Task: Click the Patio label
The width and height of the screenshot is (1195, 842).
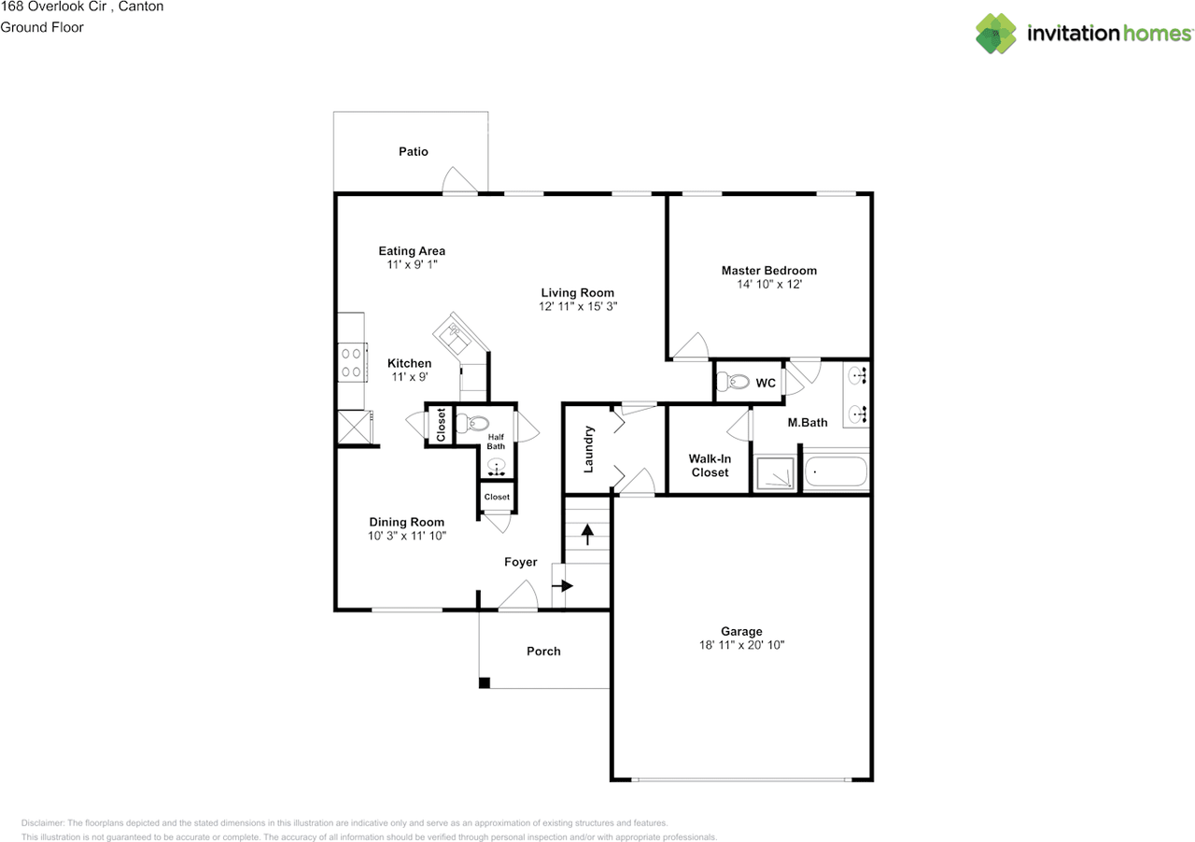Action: coord(413,151)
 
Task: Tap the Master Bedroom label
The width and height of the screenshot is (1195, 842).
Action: coord(768,271)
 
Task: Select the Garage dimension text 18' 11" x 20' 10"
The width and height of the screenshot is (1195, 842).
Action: coord(740,645)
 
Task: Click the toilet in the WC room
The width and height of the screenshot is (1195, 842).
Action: coord(737,382)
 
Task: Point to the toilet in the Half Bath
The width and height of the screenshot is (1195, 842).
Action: coord(477,423)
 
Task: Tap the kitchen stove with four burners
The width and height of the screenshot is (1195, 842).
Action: coord(351,362)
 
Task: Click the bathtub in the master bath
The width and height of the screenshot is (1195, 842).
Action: coord(836,471)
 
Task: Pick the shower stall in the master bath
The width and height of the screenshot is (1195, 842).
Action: coord(776,472)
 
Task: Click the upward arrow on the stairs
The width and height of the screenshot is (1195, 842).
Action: coord(587,535)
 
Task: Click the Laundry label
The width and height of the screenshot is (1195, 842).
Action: coord(589,449)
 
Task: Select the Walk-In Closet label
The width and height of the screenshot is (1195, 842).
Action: coord(710,465)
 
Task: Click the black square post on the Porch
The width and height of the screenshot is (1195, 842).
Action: coord(484,683)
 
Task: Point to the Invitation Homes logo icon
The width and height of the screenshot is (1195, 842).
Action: coord(996,34)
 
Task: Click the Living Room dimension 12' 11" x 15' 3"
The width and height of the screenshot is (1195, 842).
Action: coord(577,306)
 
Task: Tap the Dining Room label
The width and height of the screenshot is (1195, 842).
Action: coord(406,522)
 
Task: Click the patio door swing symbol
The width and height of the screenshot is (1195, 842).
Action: coord(462,181)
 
